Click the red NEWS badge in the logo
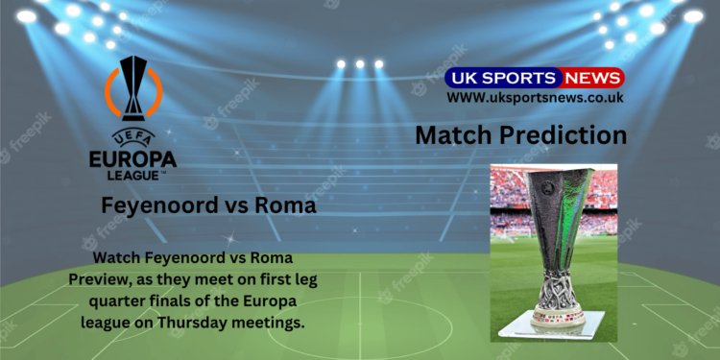point(592,78)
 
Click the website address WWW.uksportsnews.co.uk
point(535,97)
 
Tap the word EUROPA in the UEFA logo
point(132,156)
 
